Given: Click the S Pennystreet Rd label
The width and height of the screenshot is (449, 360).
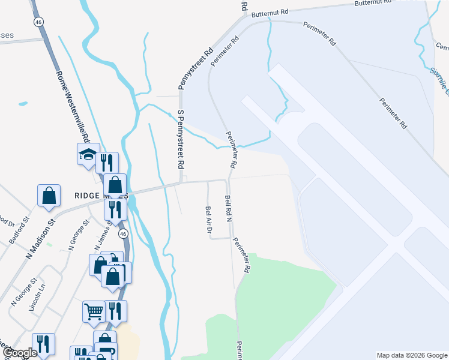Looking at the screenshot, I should [179, 139].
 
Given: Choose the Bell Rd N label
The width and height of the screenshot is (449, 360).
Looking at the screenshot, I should [228, 208].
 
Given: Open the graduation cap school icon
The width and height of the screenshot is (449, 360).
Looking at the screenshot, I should [88, 154].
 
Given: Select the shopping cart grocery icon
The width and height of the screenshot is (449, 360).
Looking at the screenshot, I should [94, 311].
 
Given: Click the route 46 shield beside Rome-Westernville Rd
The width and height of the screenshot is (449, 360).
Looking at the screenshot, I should [38, 22].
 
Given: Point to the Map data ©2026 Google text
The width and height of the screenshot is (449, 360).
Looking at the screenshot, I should [411, 355].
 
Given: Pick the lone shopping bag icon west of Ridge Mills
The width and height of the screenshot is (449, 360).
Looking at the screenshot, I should [49, 195].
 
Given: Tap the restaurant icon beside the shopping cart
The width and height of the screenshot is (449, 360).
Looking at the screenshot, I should [116, 311].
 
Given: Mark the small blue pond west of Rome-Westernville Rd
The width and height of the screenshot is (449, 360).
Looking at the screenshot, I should [23, 104].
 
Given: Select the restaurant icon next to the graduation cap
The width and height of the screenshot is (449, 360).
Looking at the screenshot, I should [107, 162].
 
